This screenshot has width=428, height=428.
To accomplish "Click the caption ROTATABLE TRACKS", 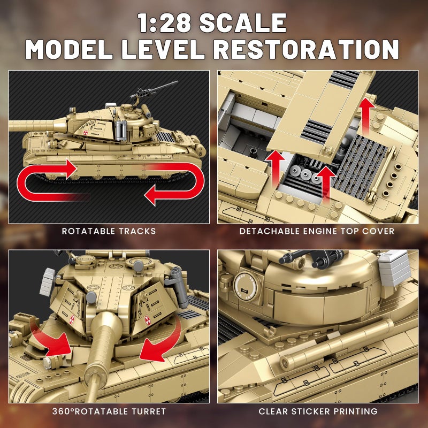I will click(x=109, y=231).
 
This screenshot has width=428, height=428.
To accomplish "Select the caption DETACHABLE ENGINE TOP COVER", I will click(x=317, y=231).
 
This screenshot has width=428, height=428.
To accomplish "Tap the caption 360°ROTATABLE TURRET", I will click(x=109, y=411).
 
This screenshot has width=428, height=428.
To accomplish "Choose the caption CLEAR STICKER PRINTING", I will click(x=318, y=411).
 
